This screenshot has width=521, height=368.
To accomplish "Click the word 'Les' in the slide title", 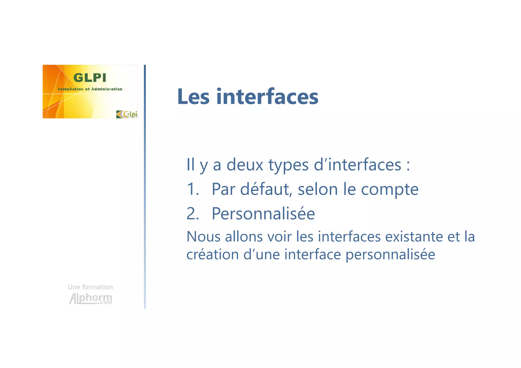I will click(193, 97).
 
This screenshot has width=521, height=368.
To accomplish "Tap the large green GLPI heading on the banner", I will click(90, 78).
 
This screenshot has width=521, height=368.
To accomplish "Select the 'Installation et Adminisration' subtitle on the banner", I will click(90, 89).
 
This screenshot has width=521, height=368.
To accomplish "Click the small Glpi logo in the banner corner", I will click(127, 114).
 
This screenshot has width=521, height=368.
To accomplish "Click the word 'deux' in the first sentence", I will click(245, 165).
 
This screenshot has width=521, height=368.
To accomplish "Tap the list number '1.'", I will click(193, 189).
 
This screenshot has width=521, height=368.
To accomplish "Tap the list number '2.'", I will click(193, 213).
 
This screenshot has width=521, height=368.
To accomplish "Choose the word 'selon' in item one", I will click(317, 189).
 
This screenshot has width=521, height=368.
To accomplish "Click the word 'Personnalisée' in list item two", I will click(263, 213).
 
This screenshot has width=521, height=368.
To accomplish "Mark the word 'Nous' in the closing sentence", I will click(203, 237).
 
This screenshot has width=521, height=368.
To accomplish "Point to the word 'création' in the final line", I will click(213, 254).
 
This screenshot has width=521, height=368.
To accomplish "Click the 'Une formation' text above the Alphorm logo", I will click(90, 287).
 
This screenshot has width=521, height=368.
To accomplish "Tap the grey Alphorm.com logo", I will click(91, 299).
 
